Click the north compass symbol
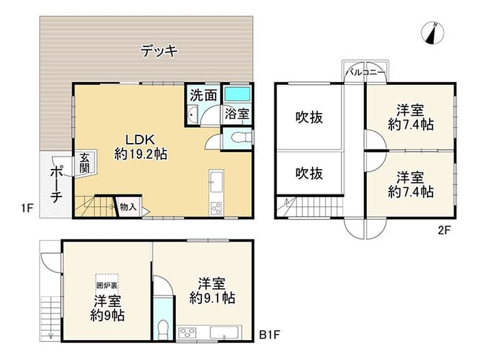pyautogui.click(x=432, y=33)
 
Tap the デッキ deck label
pyautogui.click(x=159, y=51)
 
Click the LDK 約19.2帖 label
pyautogui.click(x=141, y=146)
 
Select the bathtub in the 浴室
pyautogui.click(x=237, y=94)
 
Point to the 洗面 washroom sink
pyautogui.click(x=192, y=114)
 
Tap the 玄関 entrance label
pyautogui.click(x=85, y=163)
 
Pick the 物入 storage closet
pyautogui.click(x=128, y=207)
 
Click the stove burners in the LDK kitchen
pyautogui.click(x=216, y=209)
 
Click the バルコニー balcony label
pyautogui.click(x=365, y=73)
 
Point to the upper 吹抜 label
pyautogui.click(x=309, y=117)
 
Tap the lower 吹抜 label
pyautogui.click(x=309, y=173)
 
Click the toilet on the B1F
pyautogui.click(x=164, y=329)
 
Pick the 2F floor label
pyautogui.click(x=445, y=229)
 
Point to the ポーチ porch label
pyautogui.click(x=56, y=185)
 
